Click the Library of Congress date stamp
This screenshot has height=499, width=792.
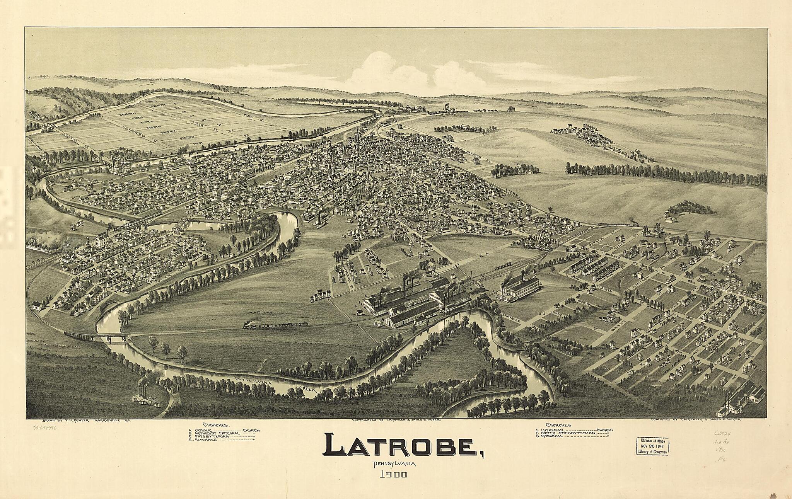click(653, 446)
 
